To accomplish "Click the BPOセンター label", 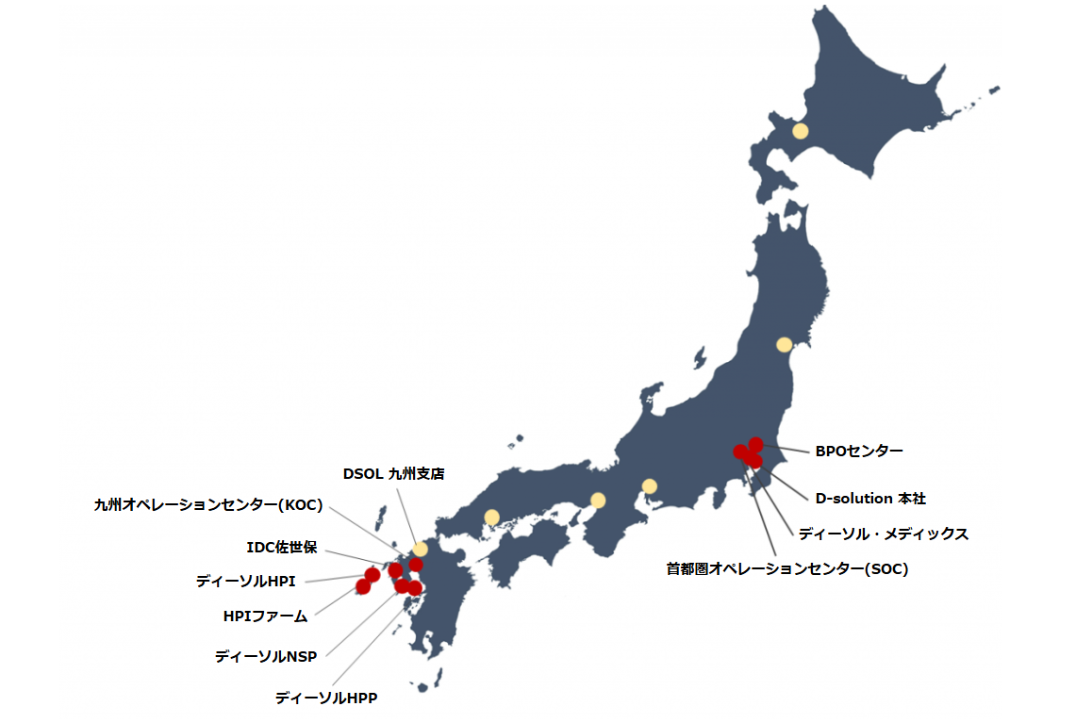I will (x=859, y=451).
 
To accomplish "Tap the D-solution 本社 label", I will (x=877, y=497).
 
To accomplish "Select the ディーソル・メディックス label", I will (x=883, y=534).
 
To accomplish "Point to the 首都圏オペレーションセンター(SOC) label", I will (x=786, y=568).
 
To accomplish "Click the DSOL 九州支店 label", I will (x=393, y=473).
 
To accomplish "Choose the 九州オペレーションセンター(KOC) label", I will (x=208, y=505).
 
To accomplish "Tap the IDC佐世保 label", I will (x=282, y=548).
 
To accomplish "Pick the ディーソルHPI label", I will (x=245, y=582).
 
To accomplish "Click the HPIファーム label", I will (x=265, y=616).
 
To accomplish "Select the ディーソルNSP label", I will (x=265, y=656).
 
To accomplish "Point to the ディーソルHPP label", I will (x=326, y=698).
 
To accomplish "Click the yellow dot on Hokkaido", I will (x=800, y=131).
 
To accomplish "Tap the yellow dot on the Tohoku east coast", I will (x=784, y=345).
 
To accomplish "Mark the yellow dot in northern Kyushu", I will (x=420, y=549).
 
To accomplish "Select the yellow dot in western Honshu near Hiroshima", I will (x=491, y=517).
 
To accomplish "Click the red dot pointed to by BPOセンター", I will (x=755, y=444).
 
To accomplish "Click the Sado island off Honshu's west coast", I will (x=699, y=359).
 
